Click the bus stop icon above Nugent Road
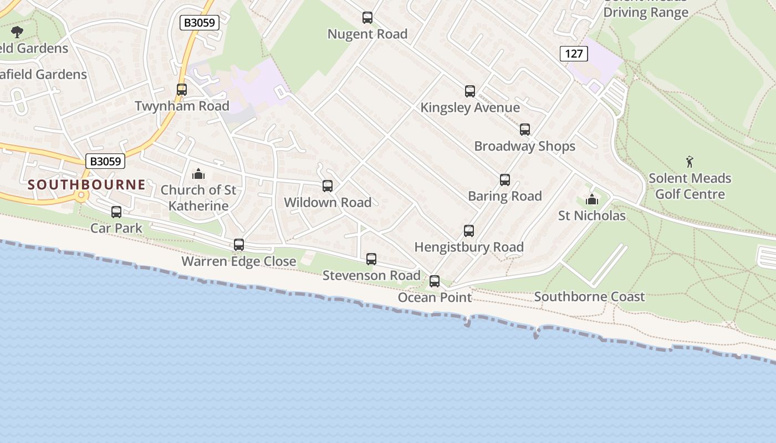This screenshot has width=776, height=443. pyautogui.click(x=367, y=18)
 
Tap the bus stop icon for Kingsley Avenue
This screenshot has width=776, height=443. pyautogui.click(x=470, y=91)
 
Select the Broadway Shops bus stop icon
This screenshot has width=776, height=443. pyautogui.click(x=525, y=130)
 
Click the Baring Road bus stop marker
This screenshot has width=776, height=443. pyautogui.click(x=505, y=180)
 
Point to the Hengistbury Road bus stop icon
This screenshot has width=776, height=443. pyautogui.click(x=469, y=231)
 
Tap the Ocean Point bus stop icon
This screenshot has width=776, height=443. pyautogui.click(x=435, y=281)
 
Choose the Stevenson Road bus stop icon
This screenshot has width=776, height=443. pyautogui.click(x=371, y=259)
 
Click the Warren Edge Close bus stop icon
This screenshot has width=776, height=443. pyautogui.click(x=239, y=245)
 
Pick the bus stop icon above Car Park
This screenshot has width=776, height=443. pyautogui.click(x=116, y=212)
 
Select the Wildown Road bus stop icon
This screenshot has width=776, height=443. pyautogui.click(x=328, y=186)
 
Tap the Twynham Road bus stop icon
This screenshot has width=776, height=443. pyautogui.click(x=182, y=89)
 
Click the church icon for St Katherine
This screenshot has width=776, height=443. pyautogui.click(x=198, y=174)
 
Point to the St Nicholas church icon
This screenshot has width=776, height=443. pyautogui.click(x=592, y=199)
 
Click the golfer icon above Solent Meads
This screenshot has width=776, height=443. pyautogui.click(x=690, y=162)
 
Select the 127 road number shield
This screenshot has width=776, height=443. pyautogui.click(x=574, y=54)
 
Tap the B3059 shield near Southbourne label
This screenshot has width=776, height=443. pyautogui.click(x=105, y=161)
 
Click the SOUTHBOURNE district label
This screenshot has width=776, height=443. pyautogui.click(x=87, y=184)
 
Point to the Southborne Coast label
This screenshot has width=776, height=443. pyautogui.click(x=589, y=297)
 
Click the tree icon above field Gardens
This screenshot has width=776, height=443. pyautogui.click(x=17, y=32)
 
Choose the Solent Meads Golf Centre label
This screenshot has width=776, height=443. pyautogui.click(x=690, y=186)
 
